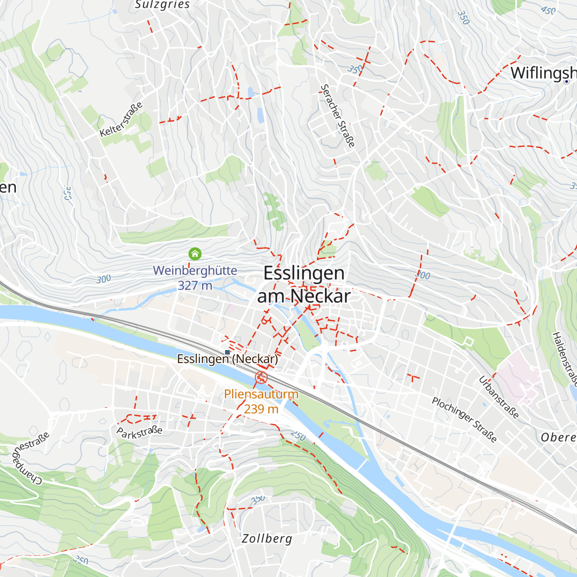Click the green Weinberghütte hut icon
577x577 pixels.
coord(195,253)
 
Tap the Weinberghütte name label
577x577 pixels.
coord(195,270)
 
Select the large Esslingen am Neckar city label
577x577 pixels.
coord(304,284)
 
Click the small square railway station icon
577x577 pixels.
coord(227,352)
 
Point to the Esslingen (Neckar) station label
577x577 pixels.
coord(227,359)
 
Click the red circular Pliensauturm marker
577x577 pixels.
coord(261,377)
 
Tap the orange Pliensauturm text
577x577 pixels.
coord(261,394)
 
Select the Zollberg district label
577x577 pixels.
coord(267,539)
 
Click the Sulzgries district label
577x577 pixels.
coord(163,5)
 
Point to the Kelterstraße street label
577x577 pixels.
coord(121,119)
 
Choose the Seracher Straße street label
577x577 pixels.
coord(338,116)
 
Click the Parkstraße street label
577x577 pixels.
coord(139,432)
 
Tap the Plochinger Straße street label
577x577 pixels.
coord(464,419)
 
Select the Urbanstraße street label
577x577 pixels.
coord(499,397)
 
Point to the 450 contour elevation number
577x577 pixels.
coord(548,10)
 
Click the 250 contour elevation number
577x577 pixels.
coord(298,436)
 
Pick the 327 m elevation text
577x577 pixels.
coord(195,286)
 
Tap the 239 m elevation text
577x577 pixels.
coord(261,409)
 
